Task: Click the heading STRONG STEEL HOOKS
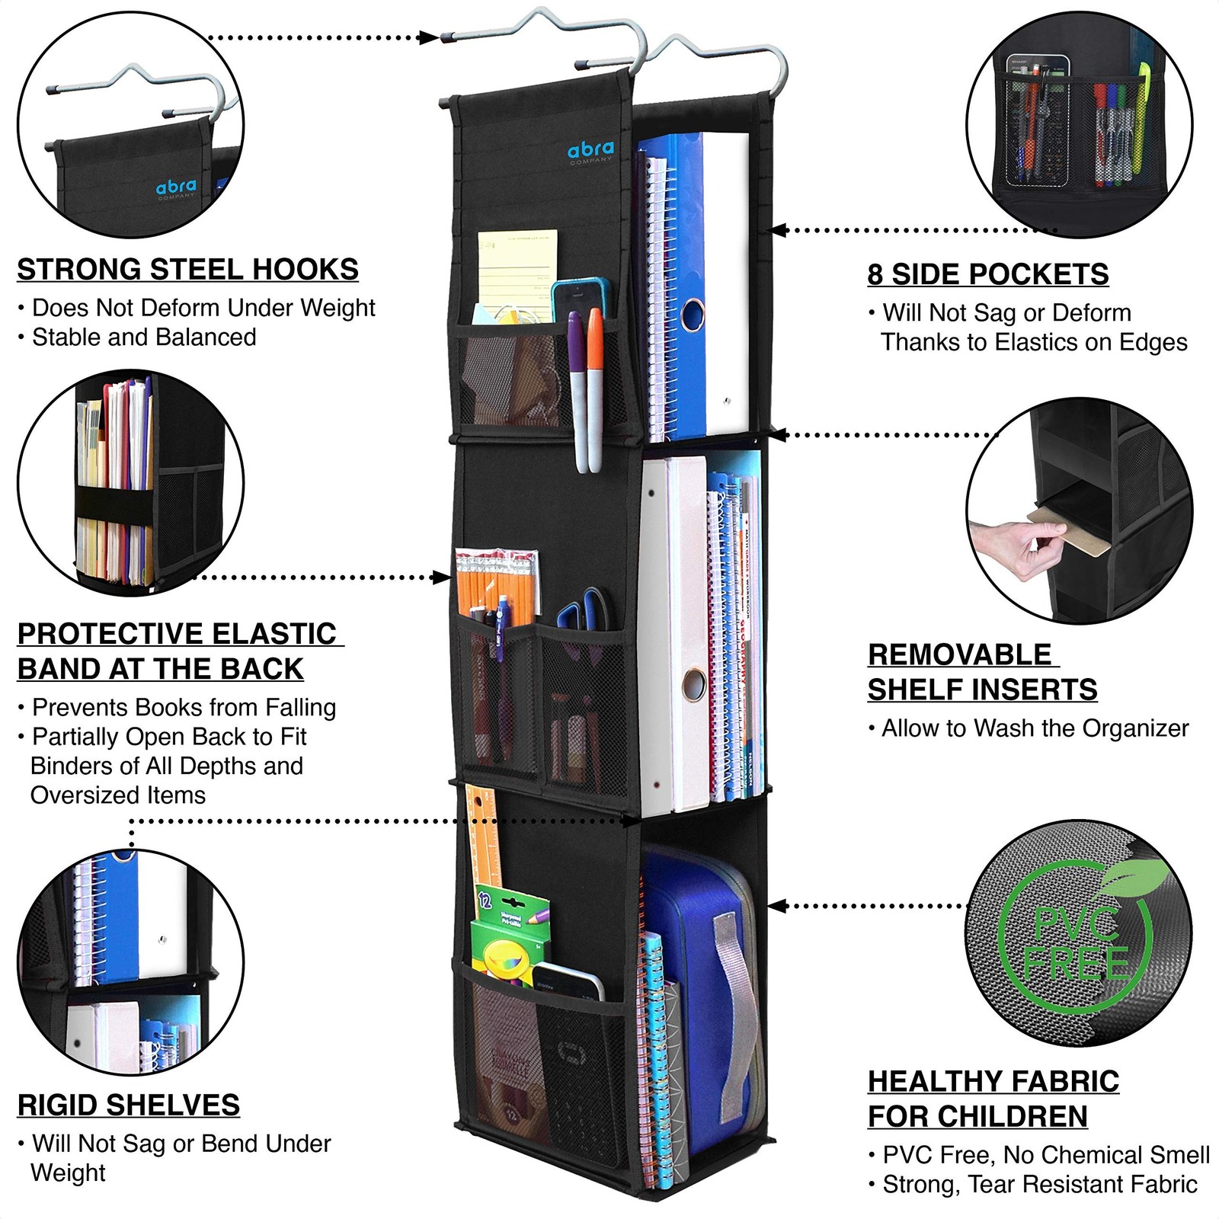187,270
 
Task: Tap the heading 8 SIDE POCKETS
988,274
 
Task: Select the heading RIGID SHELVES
128,1105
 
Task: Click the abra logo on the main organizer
590,149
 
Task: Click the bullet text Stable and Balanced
144,337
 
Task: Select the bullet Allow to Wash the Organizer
1035,728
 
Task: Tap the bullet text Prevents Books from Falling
184,707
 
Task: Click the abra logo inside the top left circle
176,187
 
